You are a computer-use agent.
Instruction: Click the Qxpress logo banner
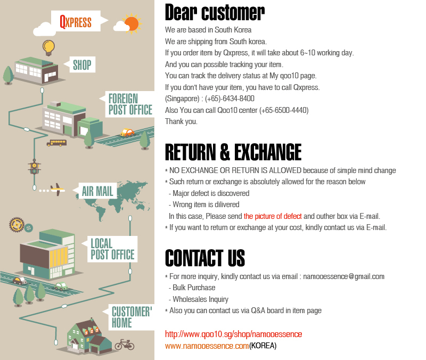(76, 22)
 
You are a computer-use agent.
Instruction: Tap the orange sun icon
(131, 23)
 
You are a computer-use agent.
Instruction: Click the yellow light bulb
(48, 46)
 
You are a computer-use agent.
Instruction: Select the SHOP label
(82, 65)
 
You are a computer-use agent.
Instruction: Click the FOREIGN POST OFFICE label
(130, 104)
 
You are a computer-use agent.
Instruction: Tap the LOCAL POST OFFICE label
(112, 249)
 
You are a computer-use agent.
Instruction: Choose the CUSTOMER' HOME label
(132, 317)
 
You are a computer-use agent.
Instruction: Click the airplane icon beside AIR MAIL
(57, 189)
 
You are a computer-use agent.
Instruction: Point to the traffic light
(34, 168)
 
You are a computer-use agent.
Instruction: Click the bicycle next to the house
(125, 344)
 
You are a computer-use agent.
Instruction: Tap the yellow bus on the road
(56, 143)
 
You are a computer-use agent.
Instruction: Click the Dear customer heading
(215, 12)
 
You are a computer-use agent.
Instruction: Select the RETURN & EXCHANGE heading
(233, 152)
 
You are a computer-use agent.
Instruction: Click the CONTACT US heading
(205, 258)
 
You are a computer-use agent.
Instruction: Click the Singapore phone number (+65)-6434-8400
(230, 99)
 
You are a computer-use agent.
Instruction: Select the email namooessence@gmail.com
(343, 276)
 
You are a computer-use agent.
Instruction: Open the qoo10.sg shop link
(233, 334)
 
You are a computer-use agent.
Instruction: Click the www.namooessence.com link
(207, 346)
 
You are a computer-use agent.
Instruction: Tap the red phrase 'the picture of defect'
(273, 216)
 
